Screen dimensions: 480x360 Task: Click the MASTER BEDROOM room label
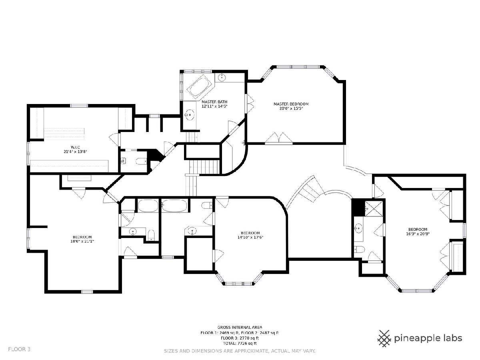pyautogui.click(x=291, y=104)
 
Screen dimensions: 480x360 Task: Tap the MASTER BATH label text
pyautogui.click(x=214, y=102)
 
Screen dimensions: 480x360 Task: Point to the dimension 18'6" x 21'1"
pyautogui.click(x=82, y=241)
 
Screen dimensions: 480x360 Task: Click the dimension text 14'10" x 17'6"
pyautogui.click(x=250, y=237)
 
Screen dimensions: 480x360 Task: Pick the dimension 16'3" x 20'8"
pyautogui.click(x=418, y=234)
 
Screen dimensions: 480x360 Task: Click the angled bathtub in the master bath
pyautogui.click(x=199, y=87)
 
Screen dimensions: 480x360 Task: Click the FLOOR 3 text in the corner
pyautogui.click(x=19, y=349)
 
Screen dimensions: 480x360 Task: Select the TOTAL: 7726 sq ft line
pyautogui.click(x=240, y=343)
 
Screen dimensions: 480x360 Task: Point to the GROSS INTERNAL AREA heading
pyautogui.click(x=240, y=327)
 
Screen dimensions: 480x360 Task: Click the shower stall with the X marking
pyautogui.click(x=373, y=208)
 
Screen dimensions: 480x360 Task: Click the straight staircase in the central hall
pyautogui.click(x=204, y=167)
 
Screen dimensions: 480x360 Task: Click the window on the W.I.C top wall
pyautogui.click(x=79, y=106)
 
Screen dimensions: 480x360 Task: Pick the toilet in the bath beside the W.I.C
pyautogui.click(x=141, y=161)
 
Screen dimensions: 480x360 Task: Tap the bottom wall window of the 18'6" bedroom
pyautogui.click(x=87, y=291)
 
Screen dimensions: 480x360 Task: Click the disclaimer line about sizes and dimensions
pyautogui.click(x=240, y=351)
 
